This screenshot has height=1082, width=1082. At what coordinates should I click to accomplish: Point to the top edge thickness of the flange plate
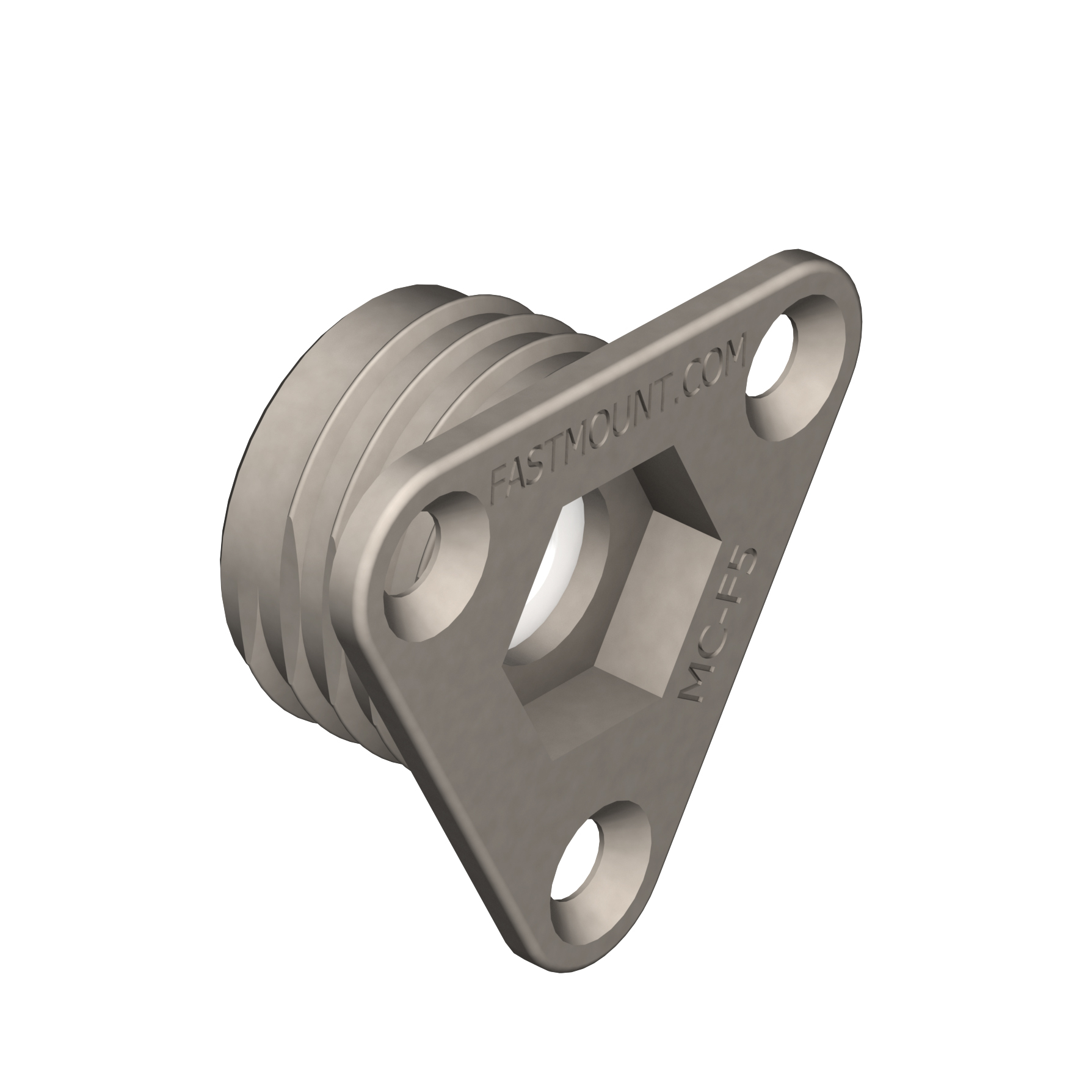580,366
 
